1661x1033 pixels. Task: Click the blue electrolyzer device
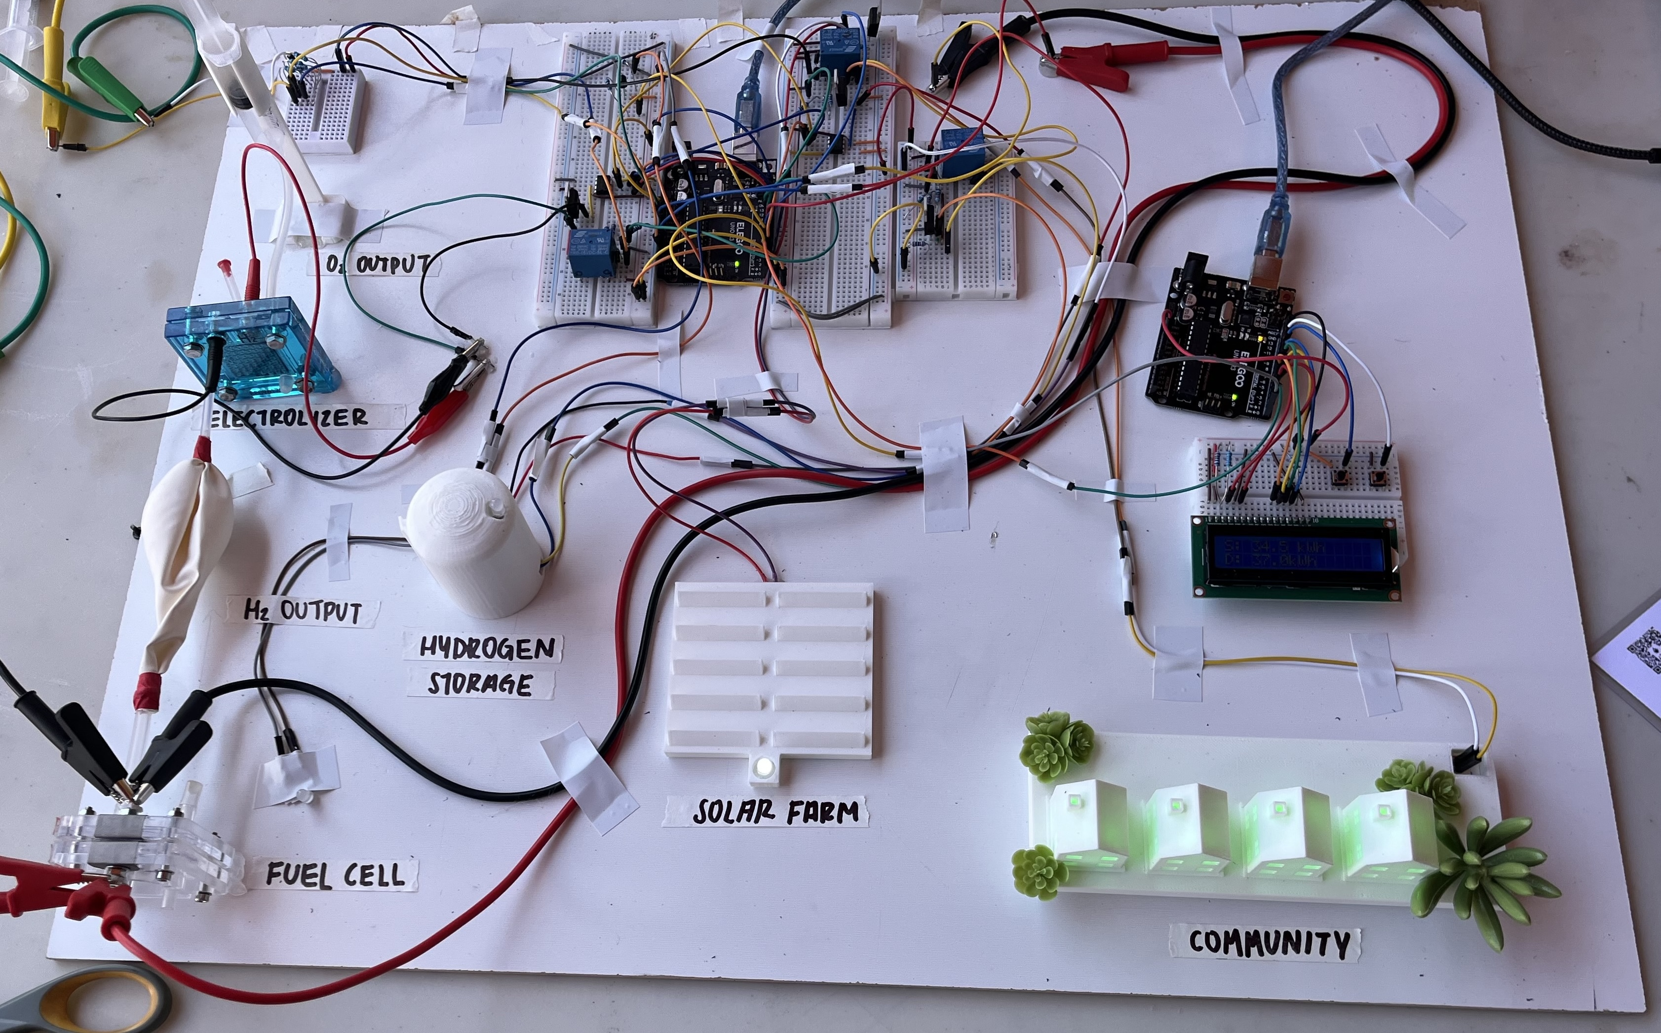252,348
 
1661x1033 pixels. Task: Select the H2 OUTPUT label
303,610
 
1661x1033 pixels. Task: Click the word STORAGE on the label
480,684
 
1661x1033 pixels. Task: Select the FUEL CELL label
335,875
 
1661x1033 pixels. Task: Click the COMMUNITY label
1268,943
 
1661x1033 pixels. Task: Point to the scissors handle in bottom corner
82,1004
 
